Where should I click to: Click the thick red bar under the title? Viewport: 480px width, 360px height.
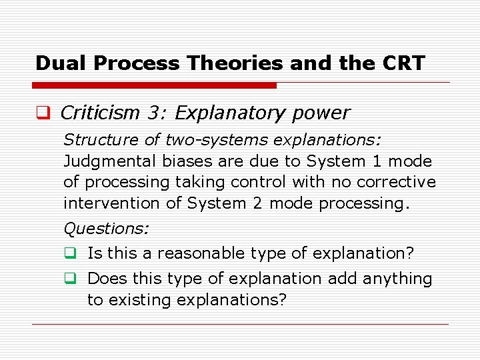pyautogui.click(x=155, y=85)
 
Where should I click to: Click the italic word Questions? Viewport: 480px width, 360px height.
pyautogui.click(x=106, y=229)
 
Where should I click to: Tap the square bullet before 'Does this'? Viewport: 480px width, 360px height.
pyautogui.click(x=69, y=279)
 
